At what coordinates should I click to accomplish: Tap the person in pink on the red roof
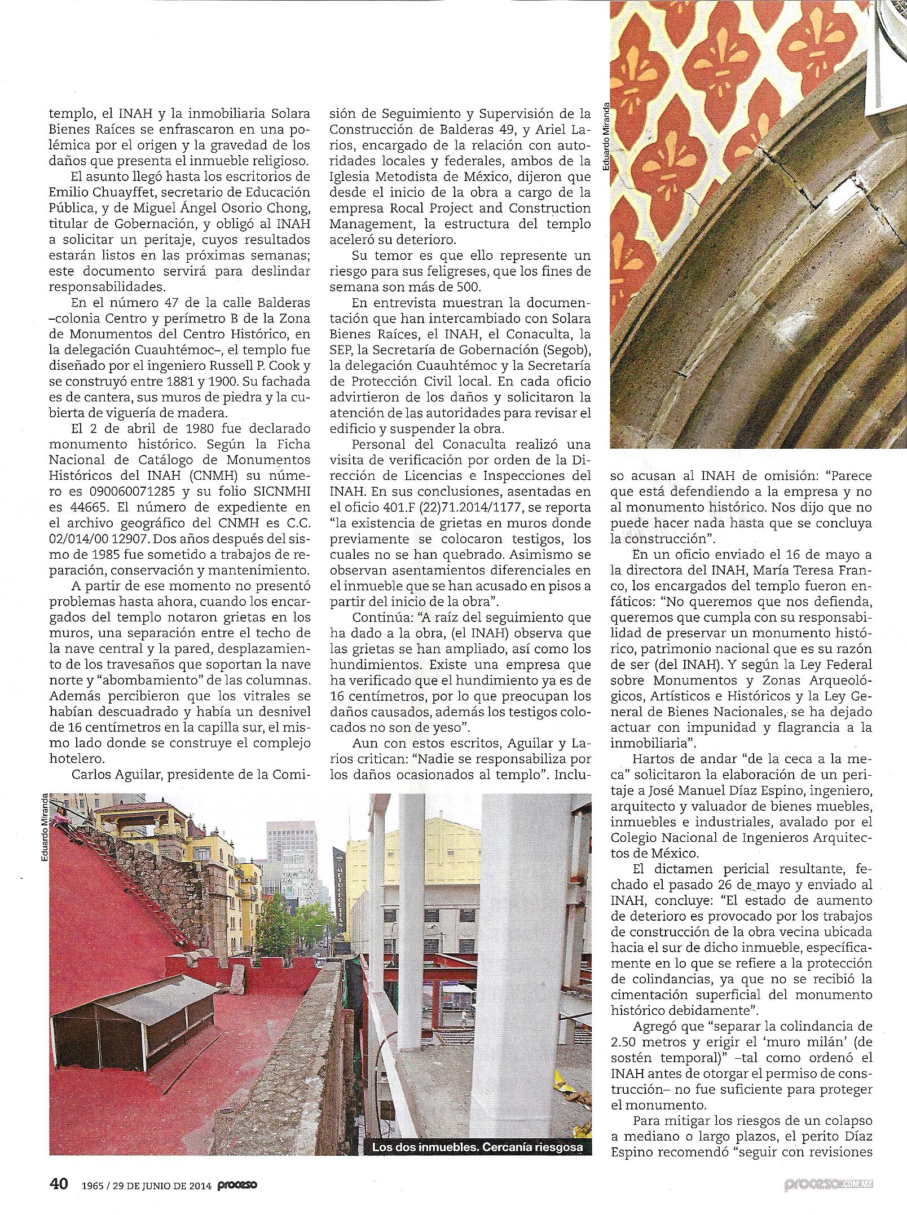pyautogui.click(x=60, y=815)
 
